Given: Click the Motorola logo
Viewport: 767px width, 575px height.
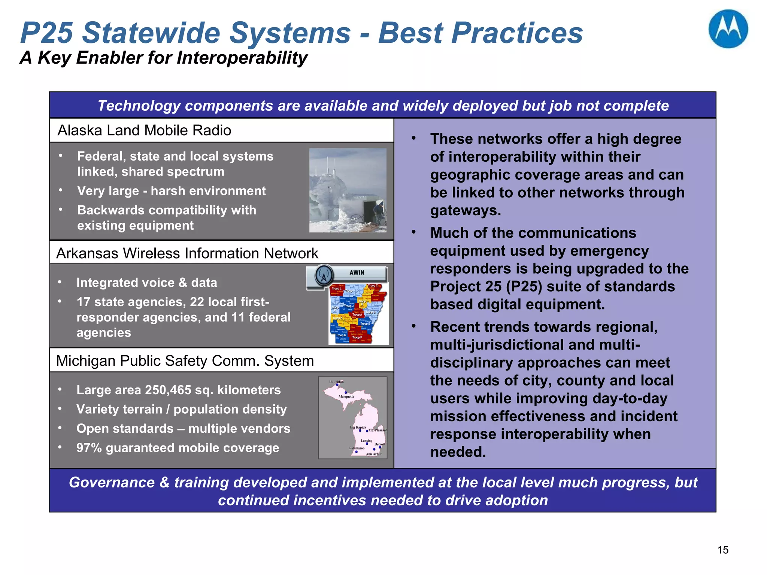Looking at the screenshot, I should pyautogui.click(x=728, y=29).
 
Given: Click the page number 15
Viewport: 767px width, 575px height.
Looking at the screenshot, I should pyautogui.click(x=722, y=550).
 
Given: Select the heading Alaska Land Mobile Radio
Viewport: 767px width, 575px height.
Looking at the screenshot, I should pyautogui.click(x=144, y=130).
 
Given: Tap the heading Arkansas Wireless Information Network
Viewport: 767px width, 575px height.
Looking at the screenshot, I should pyautogui.click(x=187, y=253).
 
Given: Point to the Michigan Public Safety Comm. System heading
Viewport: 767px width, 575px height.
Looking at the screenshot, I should pyautogui.click(x=185, y=361).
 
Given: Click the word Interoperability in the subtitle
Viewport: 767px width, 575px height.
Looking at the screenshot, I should pyautogui.click(x=242, y=58).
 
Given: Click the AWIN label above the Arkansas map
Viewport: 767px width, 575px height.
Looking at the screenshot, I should pyautogui.click(x=357, y=273).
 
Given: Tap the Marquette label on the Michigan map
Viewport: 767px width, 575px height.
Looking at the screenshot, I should pyautogui.click(x=346, y=396).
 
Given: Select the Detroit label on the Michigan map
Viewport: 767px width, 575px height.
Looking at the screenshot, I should pyautogui.click(x=379, y=444).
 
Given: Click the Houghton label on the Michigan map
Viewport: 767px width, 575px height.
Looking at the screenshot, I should pyautogui.click(x=336, y=382).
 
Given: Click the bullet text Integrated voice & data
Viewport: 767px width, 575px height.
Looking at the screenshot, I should pyautogui.click(x=146, y=283).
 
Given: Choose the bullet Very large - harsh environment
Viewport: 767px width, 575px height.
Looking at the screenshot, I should pyautogui.click(x=171, y=191).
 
